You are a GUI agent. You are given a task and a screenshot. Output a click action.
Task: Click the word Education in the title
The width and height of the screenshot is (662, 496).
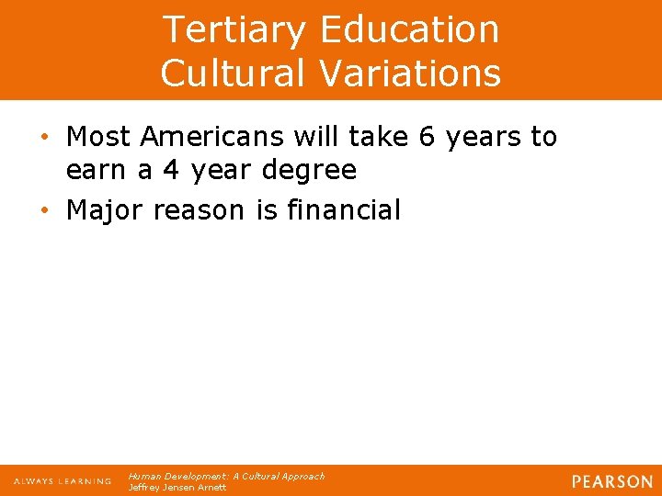tap(410, 29)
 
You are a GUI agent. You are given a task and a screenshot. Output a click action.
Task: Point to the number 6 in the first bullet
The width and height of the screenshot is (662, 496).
tap(427, 137)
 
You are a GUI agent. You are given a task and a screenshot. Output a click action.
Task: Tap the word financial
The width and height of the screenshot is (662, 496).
tap(344, 210)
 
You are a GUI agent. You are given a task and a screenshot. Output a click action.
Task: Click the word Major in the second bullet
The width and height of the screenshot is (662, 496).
tap(107, 210)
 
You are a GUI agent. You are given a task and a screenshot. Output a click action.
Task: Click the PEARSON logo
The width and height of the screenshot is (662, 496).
tap(611, 481)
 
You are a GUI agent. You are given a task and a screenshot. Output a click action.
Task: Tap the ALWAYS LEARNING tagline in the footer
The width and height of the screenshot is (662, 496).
tap(63, 481)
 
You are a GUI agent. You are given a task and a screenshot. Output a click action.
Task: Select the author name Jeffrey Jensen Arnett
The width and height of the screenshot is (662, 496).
tap(177, 488)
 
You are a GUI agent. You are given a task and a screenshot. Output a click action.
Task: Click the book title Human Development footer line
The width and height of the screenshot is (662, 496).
tap(226, 476)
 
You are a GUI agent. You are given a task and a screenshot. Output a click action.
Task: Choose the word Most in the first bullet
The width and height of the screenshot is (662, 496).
tap(98, 137)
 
